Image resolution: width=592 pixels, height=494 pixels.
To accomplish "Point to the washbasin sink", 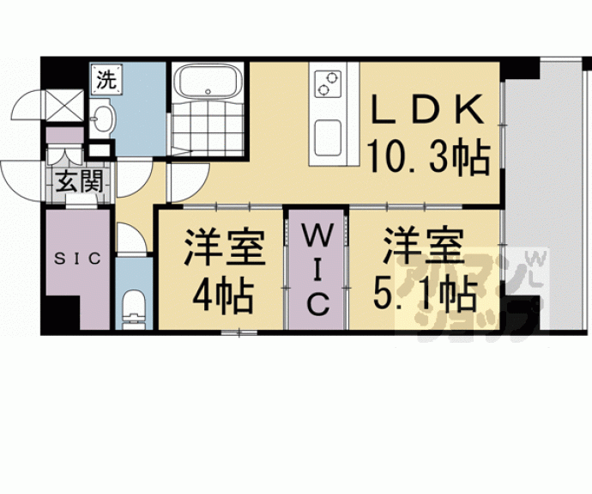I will click(102, 119).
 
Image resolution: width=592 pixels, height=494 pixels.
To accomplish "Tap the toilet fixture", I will click(133, 308).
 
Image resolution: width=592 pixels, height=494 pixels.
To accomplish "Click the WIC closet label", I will click(317, 268).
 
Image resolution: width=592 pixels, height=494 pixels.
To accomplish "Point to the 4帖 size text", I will click(221, 296).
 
